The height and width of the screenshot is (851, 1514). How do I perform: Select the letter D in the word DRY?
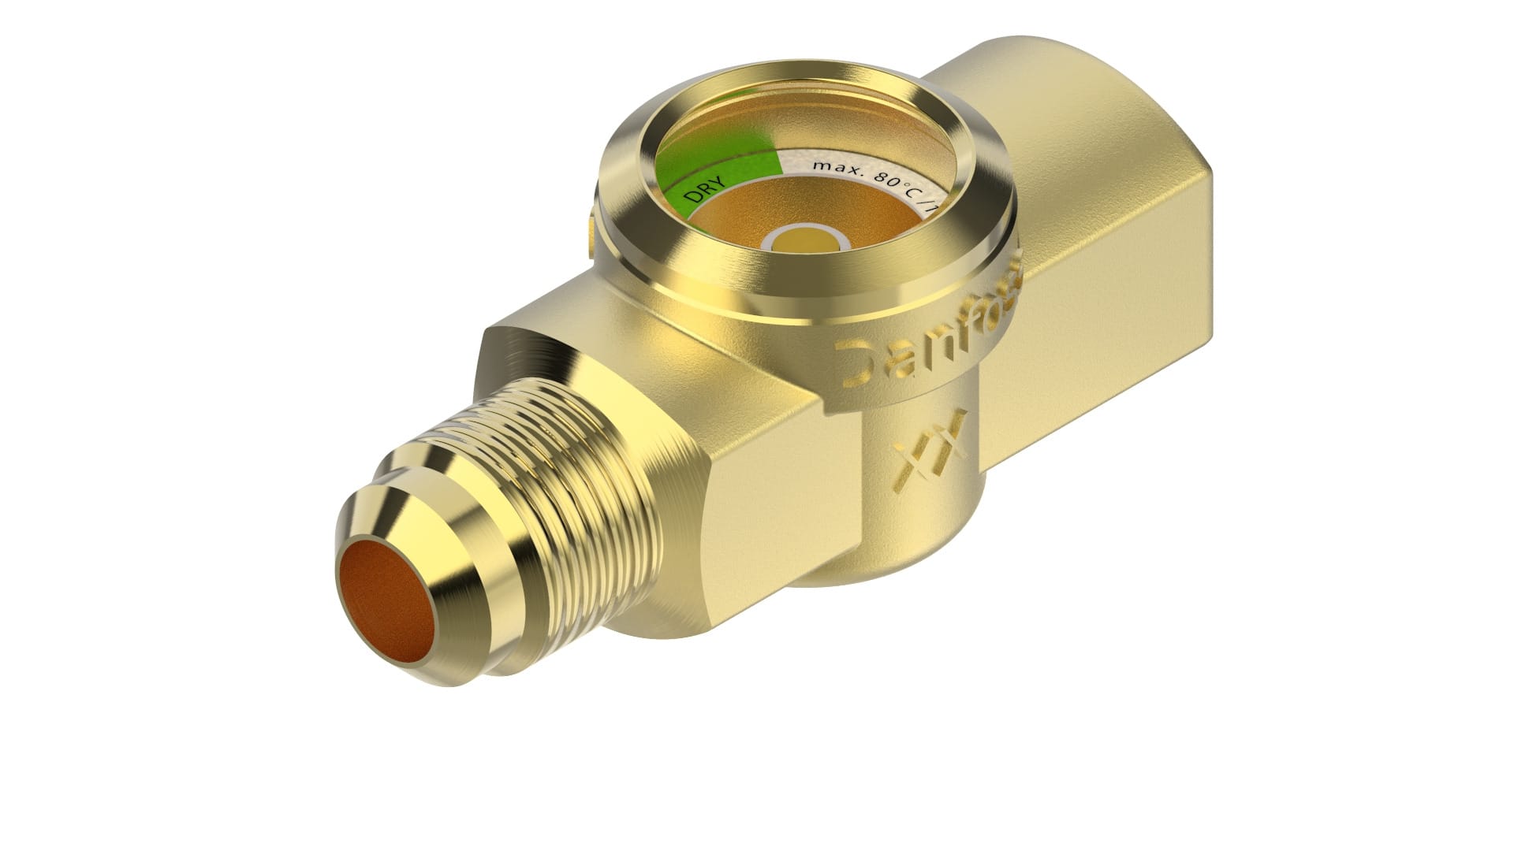pyautogui.click(x=692, y=198)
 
